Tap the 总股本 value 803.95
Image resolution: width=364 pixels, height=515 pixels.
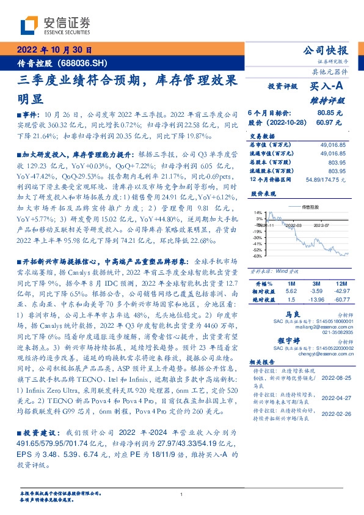tap(337, 163)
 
